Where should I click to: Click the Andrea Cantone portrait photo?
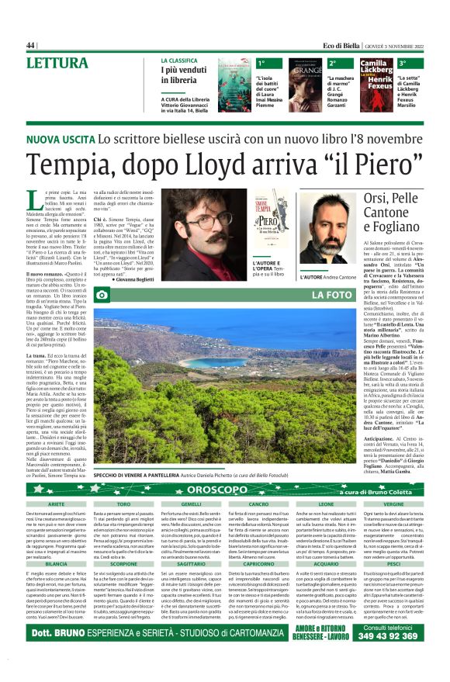point(327,229)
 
